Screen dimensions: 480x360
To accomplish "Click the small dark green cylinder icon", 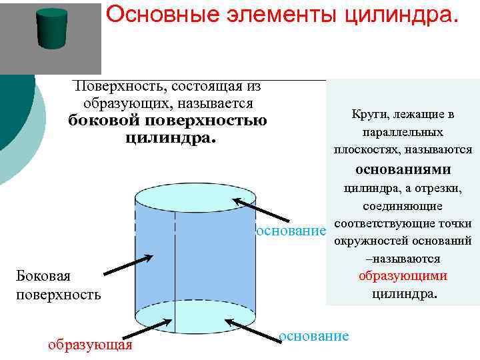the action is point(52,28).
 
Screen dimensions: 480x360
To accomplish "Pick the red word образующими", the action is point(403,276).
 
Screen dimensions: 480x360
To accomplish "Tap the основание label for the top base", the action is point(291,231).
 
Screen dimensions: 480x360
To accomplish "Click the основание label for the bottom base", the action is point(314,335).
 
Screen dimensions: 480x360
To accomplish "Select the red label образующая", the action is point(90,345).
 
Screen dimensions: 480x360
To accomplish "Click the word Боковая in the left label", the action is point(43,276).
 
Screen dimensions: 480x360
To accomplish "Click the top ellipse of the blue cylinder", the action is point(195,197).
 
